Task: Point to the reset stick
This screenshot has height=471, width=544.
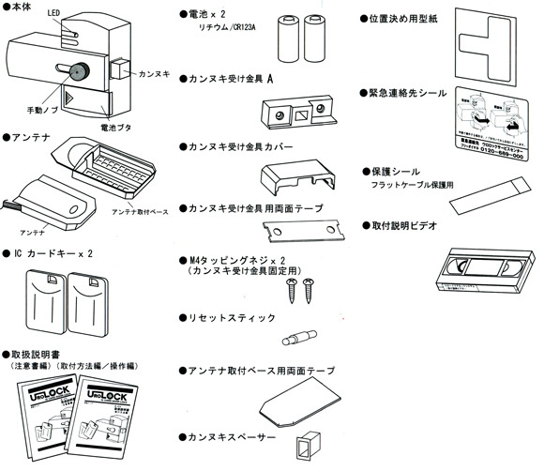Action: point(303,334)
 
